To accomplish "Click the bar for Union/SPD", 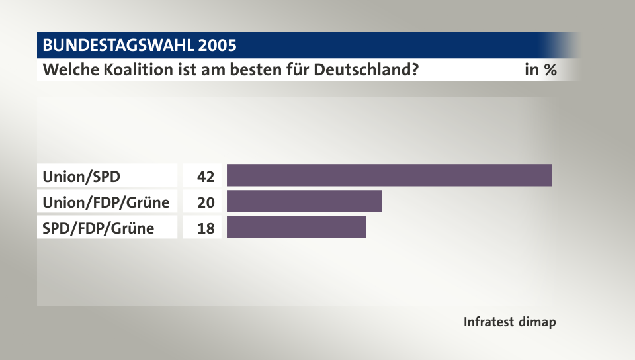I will [389, 175].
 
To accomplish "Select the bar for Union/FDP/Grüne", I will [304, 201].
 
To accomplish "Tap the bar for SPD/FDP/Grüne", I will [296, 227].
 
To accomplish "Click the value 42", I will [206, 177].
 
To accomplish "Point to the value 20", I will [206, 202].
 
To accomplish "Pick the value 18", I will [206, 228].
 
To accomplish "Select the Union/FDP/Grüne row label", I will [106, 202].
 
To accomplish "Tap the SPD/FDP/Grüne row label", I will [98, 228].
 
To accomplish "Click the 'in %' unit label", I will [540, 69].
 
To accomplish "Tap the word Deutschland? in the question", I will [369, 69].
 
